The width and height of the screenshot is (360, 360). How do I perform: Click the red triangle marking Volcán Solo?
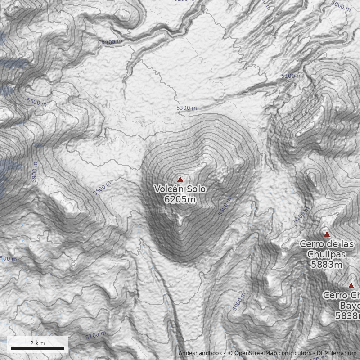coord(180,179)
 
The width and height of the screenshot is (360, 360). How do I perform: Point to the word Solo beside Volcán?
coord(195,189)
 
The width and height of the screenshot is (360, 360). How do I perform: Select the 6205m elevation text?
coord(180,199)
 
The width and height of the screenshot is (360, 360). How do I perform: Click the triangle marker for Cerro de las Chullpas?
coord(327,234)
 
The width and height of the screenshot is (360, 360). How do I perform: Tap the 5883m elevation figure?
coord(327,265)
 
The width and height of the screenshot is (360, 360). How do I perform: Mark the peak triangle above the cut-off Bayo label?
coord(351,285)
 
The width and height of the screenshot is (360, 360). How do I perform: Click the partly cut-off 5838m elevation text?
coord(347,316)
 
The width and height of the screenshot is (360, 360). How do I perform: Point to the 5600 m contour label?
coord(37,103)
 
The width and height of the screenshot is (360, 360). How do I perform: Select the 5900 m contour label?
coord(35,172)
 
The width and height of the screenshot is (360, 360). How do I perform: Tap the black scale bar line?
coord(37,348)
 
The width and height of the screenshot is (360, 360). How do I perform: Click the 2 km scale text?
coord(37,343)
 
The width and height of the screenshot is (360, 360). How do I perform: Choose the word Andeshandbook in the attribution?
coord(200,353)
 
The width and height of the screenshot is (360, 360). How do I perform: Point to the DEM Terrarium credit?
coord(337,353)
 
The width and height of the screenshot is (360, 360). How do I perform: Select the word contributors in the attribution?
coord(295,353)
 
